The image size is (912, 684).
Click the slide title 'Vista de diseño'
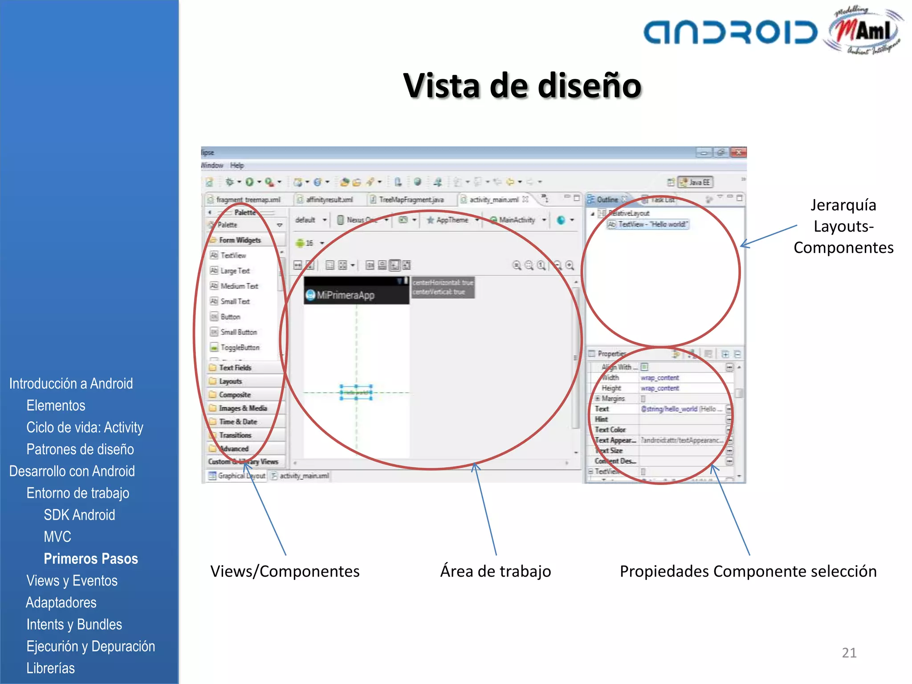tap(522, 85)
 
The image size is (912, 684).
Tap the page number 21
tap(849, 653)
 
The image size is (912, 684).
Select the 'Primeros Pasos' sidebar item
tap(91, 558)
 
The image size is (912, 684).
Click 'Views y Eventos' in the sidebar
tap(72, 581)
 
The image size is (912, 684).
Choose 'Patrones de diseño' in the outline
tap(80, 449)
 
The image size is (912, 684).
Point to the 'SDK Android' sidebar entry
tap(79, 515)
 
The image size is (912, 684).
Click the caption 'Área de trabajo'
tap(495, 571)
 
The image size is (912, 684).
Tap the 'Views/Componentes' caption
tap(285, 571)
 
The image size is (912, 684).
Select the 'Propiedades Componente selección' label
tap(748, 571)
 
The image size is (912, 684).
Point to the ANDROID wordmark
tap(730, 32)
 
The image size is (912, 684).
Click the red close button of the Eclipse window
tap(739, 153)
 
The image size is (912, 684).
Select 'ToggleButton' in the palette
tap(240, 347)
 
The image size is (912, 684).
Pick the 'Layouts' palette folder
tap(230, 381)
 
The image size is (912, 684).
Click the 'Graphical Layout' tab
tap(241, 476)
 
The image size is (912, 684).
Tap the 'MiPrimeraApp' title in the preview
tap(346, 295)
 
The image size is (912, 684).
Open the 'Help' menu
tap(237, 165)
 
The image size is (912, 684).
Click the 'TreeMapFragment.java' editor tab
tap(411, 199)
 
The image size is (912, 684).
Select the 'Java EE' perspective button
tap(696, 182)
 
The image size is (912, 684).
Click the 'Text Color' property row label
tap(611, 430)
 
